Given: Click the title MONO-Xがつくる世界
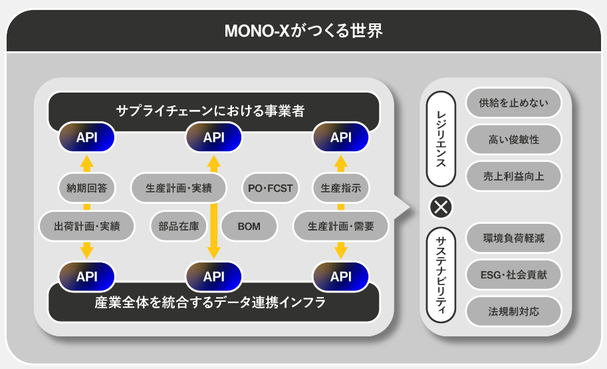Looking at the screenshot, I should click(x=303, y=31).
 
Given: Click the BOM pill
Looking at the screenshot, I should click(x=249, y=226).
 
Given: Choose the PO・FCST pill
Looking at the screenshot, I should click(x=270, y=188).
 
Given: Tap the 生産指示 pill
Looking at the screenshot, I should click(x=341, y=188).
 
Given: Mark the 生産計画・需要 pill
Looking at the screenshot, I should click(x=341, y=226).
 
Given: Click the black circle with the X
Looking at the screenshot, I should click(x=441, y=207).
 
